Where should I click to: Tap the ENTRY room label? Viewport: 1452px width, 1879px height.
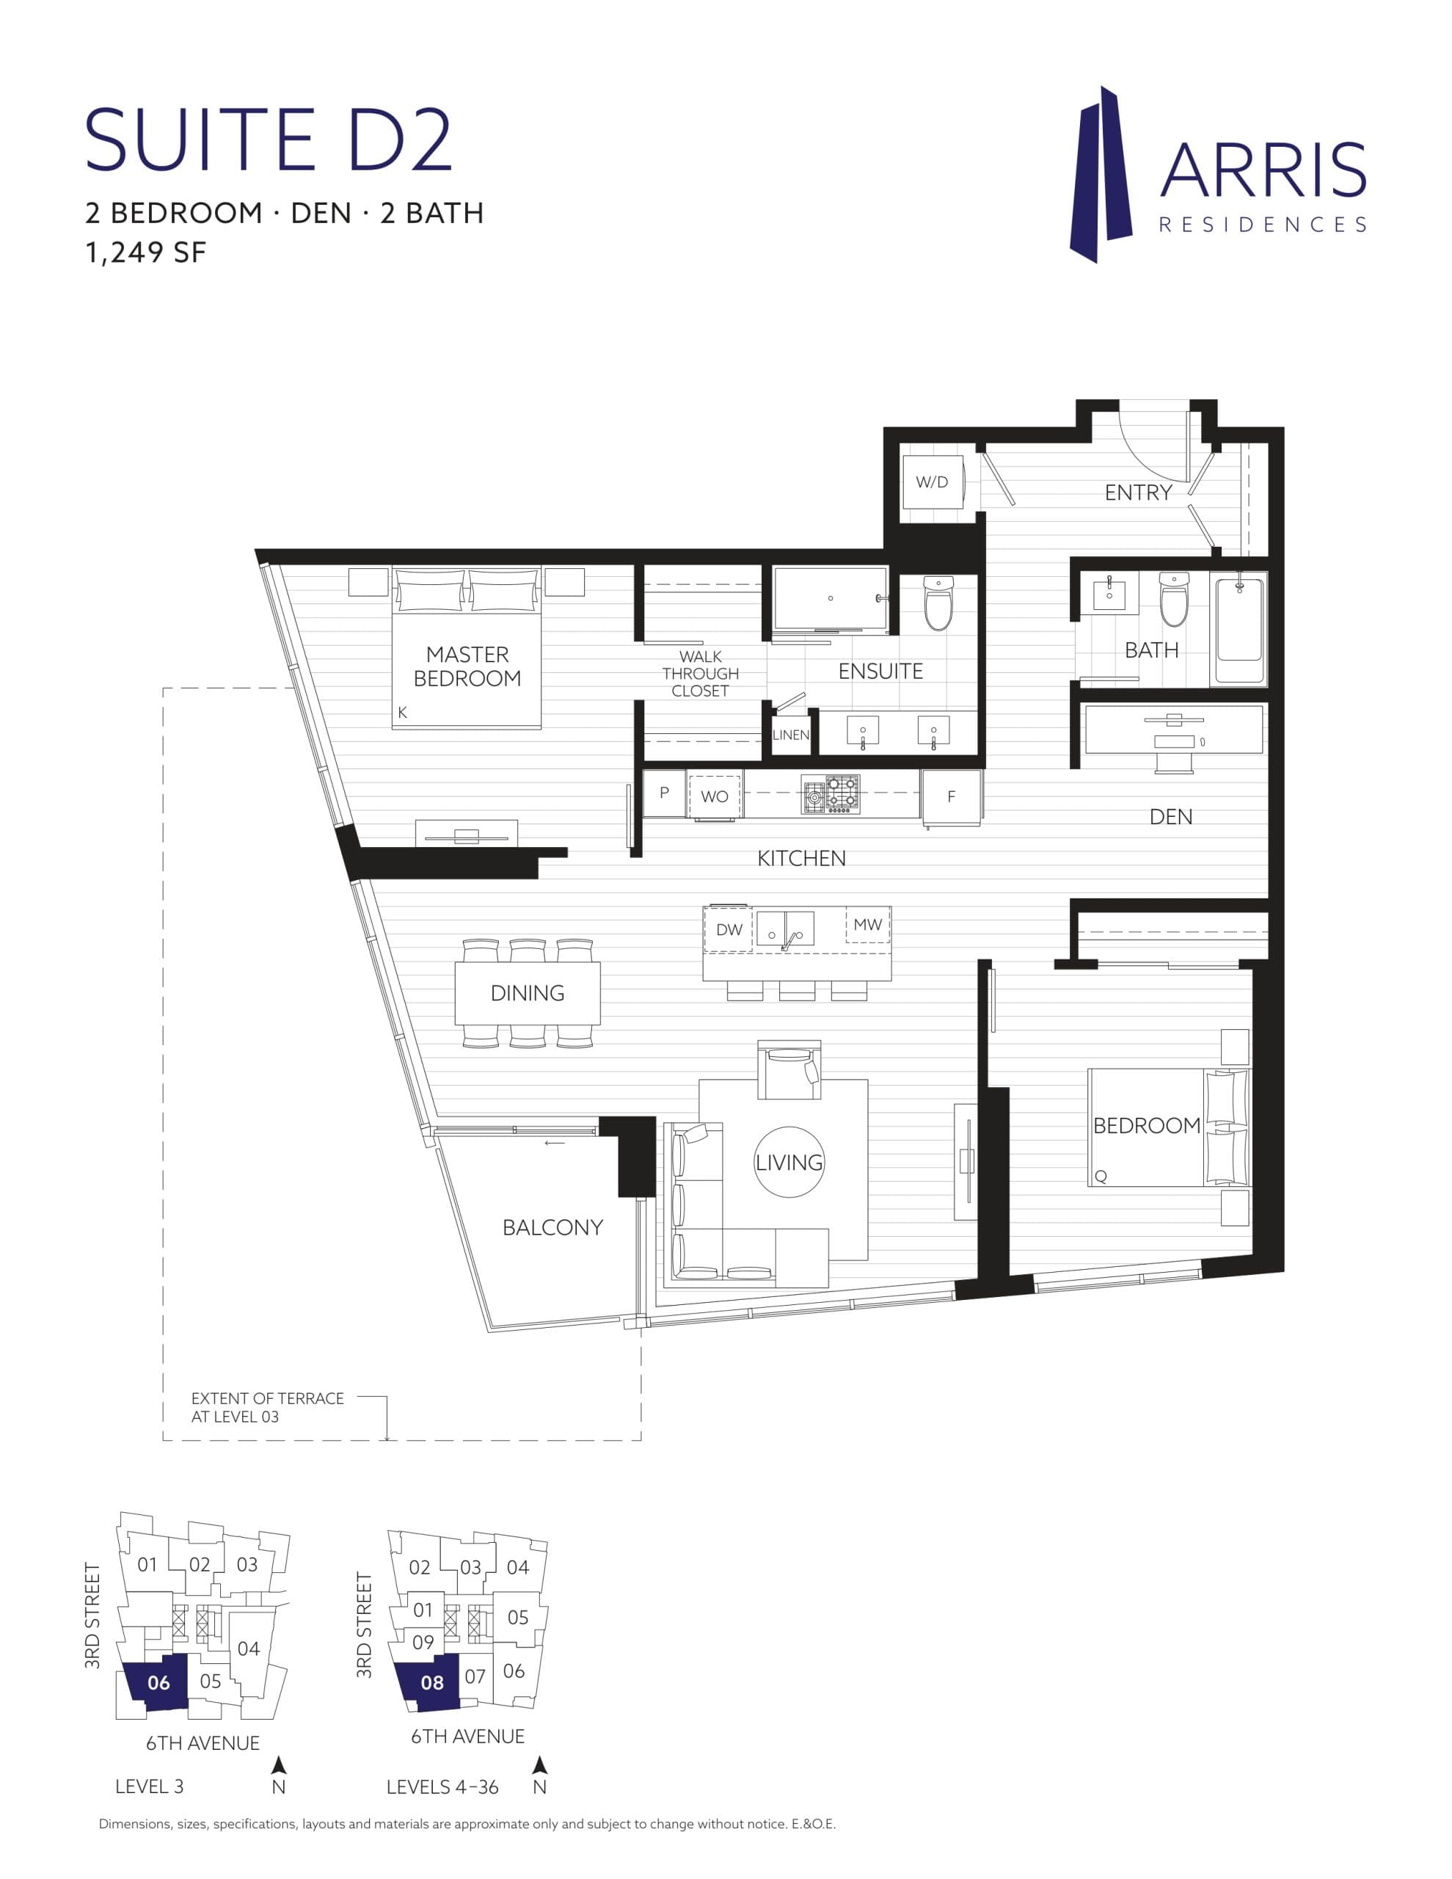coord(1138,493)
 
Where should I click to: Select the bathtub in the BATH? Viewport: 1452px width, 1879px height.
coord(1238,630)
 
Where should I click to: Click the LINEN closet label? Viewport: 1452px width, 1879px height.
coord(790,735)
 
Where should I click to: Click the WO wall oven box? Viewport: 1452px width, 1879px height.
coord(714,796)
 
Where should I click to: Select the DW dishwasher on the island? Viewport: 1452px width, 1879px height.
coord(729,929)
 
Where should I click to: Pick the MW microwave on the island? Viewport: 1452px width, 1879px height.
coord(867,925)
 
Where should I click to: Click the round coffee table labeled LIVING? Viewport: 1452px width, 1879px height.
coord(789,1163)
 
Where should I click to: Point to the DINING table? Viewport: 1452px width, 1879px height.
coord(528,993)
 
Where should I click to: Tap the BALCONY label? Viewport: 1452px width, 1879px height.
coord(552,1228)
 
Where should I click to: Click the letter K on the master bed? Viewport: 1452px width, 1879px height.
coord(403,713)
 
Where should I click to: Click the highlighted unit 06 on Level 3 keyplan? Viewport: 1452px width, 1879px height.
coord(158,1683)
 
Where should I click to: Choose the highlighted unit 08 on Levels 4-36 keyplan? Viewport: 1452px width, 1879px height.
coord(432,1683)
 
